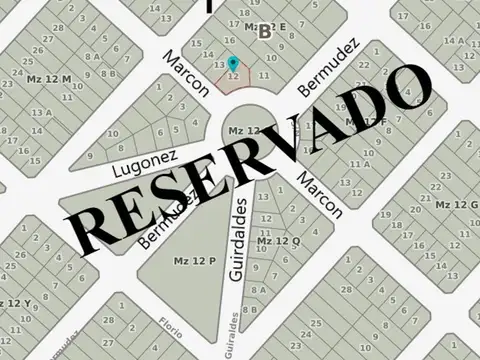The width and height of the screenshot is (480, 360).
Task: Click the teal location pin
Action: point(234,63)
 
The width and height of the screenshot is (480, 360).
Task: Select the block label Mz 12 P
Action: point(195,261)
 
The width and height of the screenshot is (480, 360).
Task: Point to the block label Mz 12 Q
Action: point(278,241)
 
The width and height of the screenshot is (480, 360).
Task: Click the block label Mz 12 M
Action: point(49,79)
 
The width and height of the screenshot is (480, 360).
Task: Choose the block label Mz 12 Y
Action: point(13,302)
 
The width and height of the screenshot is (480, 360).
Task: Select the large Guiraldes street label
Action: point(238,238)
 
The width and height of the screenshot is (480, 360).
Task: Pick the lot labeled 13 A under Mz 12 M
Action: point(41,113)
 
